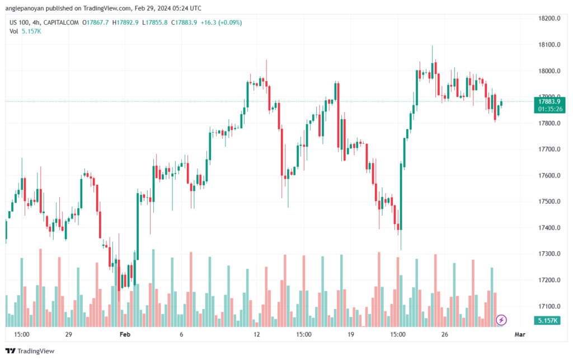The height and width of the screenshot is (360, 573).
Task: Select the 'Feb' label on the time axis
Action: point(125,334)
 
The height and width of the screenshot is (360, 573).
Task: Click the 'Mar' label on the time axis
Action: point(520,334)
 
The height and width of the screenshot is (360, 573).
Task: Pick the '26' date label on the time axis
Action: point(445,334)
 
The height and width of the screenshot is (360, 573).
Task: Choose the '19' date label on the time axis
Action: point(351,334)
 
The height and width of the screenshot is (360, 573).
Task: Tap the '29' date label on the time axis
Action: point(68,334)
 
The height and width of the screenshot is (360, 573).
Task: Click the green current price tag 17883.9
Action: point(549,101)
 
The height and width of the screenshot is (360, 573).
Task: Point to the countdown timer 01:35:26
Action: point(549,109)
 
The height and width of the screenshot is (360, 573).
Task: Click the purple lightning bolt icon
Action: point(502,320)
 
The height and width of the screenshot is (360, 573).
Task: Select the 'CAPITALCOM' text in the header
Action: point(62,22)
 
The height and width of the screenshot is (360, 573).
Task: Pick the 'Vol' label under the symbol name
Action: point(14,31)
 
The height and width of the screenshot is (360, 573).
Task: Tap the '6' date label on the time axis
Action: point(181,334)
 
